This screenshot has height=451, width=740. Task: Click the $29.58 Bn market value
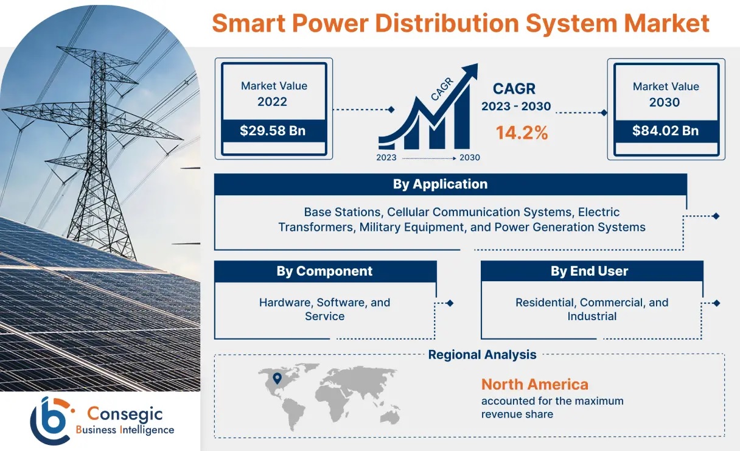[273, 130]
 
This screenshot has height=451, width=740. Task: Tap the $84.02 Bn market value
[665, 130]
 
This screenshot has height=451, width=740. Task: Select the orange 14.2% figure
[522, 133]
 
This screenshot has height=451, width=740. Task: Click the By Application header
[440, 184]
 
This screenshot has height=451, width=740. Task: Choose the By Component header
[324, 271]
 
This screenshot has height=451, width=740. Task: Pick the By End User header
[589, 271]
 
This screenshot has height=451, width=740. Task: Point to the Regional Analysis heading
[482, 354]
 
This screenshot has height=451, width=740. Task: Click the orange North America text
[534, 384]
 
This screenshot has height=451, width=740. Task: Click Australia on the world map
[390, 417]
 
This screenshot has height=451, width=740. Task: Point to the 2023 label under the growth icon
[386, 158]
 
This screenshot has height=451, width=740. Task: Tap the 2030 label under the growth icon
[469, 158]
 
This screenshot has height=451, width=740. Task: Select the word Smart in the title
[248, 23]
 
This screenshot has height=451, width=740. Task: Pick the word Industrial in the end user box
[592, 316]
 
